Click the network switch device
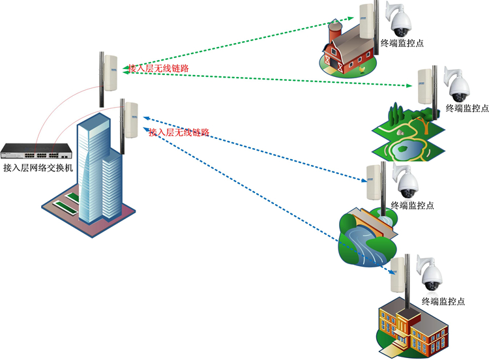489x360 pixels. [36, 152]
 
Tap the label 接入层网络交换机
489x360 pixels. [38, 168]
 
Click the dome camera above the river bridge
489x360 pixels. [407, 184]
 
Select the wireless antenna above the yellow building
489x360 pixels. [398, 274]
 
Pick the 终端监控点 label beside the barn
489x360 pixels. [402, 44]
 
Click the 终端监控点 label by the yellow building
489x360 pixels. [443, 301]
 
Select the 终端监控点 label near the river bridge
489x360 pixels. [412, 205]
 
